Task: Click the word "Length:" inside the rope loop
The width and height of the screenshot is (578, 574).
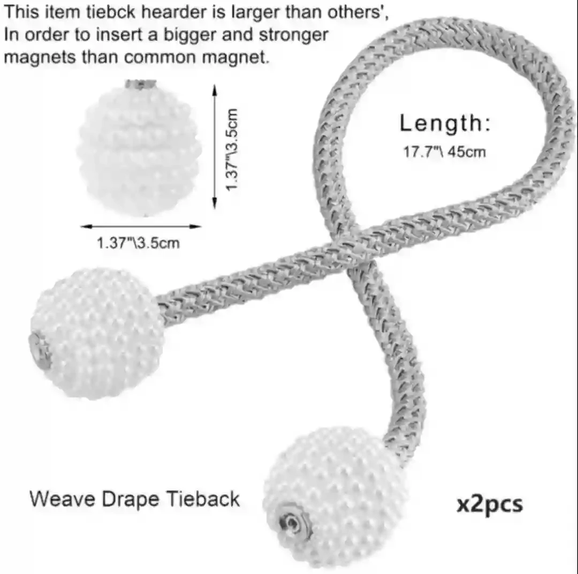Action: coord(445,124)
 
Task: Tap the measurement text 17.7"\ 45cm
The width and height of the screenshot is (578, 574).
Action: coord(444,152)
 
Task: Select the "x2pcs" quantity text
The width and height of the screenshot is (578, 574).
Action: coord(489,504)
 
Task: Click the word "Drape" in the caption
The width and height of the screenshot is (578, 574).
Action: coord(130,499)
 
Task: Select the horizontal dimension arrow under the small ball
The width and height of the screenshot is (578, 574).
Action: coord(141,226)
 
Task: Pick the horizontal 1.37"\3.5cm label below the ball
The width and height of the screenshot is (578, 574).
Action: coord(138,243)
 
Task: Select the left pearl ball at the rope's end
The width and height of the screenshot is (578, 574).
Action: coord(97,333)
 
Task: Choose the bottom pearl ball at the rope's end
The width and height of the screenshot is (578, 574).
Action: coord(335,496)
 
